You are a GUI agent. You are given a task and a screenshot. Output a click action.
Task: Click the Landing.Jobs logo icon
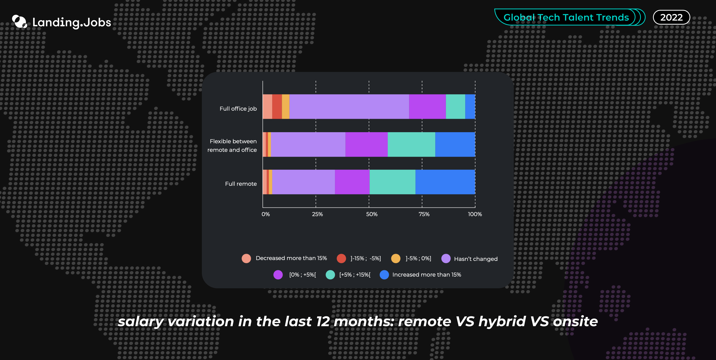[x=19, y=22]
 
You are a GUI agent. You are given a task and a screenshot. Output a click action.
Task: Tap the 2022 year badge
[x=671, y=17]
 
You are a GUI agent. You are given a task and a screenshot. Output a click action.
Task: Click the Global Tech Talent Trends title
[x=566, y=17]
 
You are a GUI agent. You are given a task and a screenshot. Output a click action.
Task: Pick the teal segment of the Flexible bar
[x=411, y=144]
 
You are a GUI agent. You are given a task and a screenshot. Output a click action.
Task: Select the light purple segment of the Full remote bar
[x=304, y=182]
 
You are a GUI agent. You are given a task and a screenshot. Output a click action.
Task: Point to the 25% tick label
[x=317, y=214]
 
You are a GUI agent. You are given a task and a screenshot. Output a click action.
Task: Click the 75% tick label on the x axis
[x=424, y=214]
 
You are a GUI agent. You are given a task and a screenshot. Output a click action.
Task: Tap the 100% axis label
[x=475, y=214]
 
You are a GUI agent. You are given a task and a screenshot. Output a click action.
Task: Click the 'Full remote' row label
[x=241, y=184]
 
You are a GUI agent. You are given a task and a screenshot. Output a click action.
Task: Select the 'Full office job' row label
[x=238, y=109]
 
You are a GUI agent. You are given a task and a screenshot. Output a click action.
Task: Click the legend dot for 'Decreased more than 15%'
[x=246, y=258]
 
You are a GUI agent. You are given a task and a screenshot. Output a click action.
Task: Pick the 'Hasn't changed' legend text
[x=476, y=259]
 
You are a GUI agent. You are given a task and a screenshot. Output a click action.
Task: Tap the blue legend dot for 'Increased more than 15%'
[x=384, y=275]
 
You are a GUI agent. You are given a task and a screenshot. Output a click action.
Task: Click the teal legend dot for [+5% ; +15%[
[x=330, y=275]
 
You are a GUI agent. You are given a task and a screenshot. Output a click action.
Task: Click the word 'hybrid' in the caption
[x=502, y=322]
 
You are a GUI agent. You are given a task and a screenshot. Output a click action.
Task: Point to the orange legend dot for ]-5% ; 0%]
[x=396, y=258]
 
